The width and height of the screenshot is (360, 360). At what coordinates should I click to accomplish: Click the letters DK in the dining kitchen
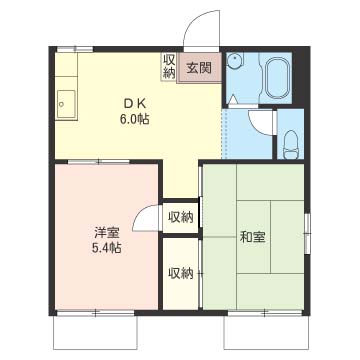pos(134,100)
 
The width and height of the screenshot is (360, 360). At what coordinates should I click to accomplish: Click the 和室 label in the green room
pos(252,237)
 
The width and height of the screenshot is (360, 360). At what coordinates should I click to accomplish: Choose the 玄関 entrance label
pos(199,68)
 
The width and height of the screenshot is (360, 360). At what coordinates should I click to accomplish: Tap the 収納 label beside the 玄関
pos(168,66)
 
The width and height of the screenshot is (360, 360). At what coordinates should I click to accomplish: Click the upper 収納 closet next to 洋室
pos(180,216)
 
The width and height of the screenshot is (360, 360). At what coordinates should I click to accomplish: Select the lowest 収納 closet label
pos(180,273)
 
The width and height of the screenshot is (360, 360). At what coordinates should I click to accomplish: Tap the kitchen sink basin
pos(67,102)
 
